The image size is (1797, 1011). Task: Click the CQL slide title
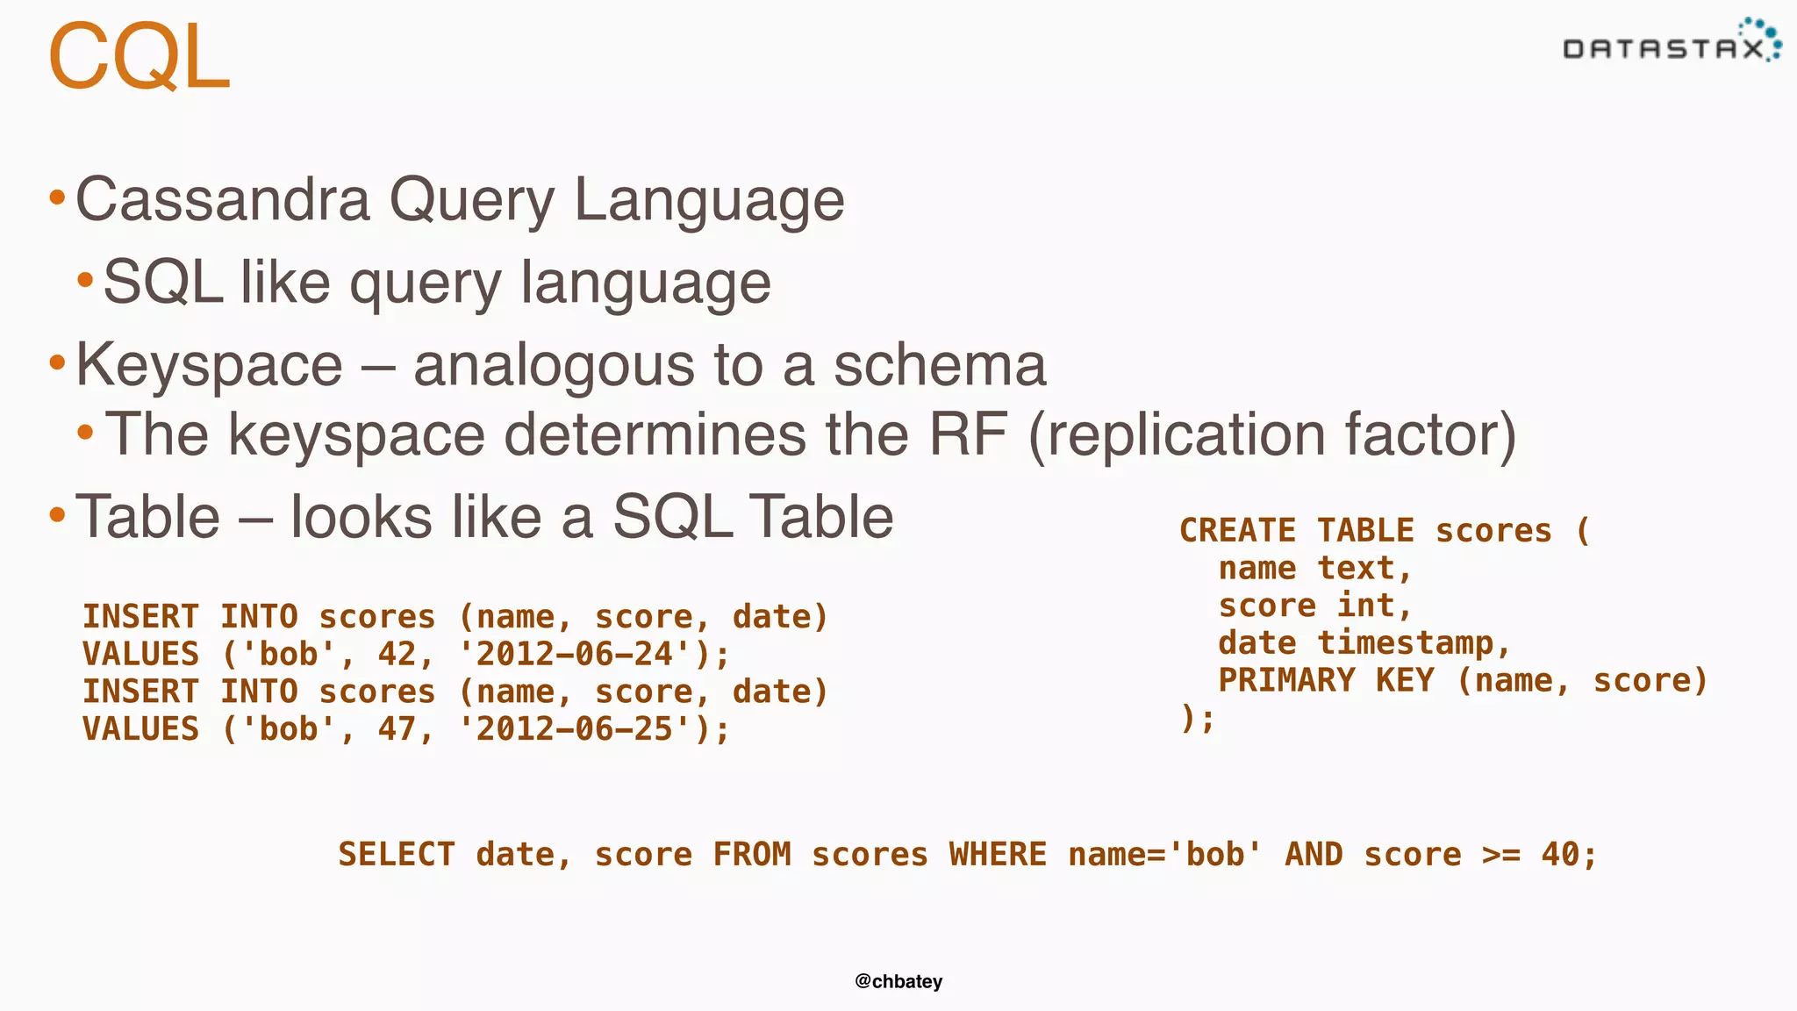click(x=139, y=58)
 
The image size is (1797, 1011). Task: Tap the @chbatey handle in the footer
click(x=898, y=981)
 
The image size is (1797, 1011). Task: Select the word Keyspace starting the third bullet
click(x=209, y=365)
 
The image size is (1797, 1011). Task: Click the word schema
click(x=940, y=365)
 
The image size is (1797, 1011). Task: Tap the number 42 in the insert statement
click(x=397, y=654)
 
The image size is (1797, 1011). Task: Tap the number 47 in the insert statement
click(x=397, y=729)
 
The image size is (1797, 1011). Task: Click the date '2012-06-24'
click(x=575, y=654)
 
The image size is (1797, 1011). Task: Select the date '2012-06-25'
click(x=575, y=729)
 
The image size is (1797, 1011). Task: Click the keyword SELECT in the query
click(x=397, y=855)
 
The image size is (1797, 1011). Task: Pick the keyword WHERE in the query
click(x=998, y=855)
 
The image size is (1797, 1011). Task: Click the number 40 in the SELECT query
click(x=1561, y=855)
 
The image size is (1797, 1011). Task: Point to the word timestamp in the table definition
click(x=1406, y=644)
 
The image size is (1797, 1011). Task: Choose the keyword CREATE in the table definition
click(x=1237, y=531)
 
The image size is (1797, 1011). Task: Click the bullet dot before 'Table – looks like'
click(x=58, y=515)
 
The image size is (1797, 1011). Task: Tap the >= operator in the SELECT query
click(x=1501, y=855)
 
